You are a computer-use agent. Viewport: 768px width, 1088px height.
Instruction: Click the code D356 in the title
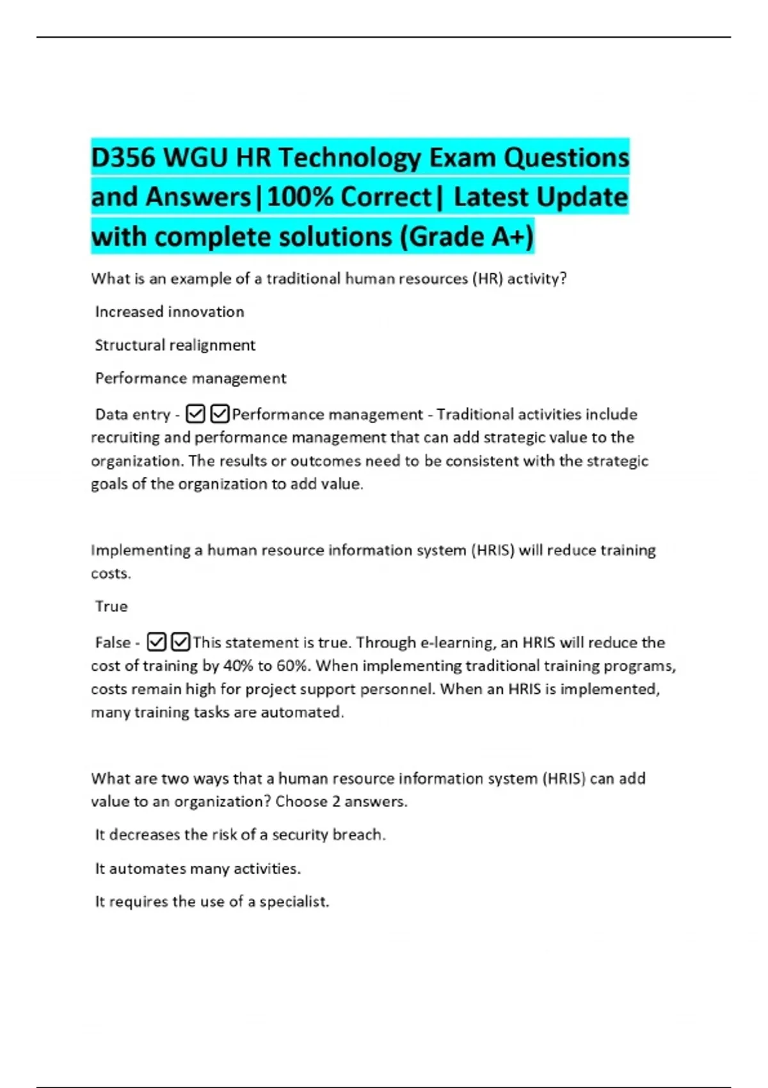(x=123, y=157)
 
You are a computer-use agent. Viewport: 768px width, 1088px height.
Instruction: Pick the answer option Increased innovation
(x=170, y=312)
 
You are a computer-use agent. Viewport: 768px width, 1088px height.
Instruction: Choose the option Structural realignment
(x=175, y=345)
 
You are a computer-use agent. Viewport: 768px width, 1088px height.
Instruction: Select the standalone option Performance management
(x=191, y=378)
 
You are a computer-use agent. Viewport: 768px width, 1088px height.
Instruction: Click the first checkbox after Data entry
(x=195, y=415)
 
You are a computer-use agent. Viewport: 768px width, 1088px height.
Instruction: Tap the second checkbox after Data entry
(x=220, y=415)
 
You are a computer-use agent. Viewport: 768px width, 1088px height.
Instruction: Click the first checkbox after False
(x=157, y=642)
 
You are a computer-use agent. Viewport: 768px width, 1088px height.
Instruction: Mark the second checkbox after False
(x=181, y=642)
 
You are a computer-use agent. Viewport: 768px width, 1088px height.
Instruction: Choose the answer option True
(x=111, y=606)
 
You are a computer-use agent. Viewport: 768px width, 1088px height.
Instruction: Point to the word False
(x=113, y=643)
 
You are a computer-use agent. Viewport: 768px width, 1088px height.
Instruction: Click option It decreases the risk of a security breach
(x=240, y=835)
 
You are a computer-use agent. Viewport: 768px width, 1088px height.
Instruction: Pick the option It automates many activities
(x=198, y=868)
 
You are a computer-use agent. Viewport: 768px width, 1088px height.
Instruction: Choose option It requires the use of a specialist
(x=212, y=902)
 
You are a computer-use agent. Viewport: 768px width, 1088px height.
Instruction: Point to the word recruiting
(x=125, y=438)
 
